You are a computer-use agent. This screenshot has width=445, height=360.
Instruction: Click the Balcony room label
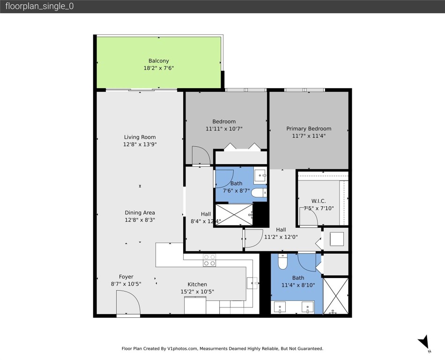click(x=158, y=61)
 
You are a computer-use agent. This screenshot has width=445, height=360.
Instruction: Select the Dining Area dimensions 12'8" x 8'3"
click(x=140, y=219)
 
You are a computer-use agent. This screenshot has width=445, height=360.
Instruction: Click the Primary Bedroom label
click(x=309, y=129)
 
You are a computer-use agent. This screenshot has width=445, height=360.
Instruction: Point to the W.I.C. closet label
click(x=318, y=201)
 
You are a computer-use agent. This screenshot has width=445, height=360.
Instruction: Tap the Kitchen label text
click(x=197, y=284)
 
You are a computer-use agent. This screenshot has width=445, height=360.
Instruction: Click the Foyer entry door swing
click(x=128, y=302)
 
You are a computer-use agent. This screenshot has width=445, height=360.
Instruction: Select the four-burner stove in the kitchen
click(x=209, y=260)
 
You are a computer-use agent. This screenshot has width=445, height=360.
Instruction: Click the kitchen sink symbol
click(x=252, y=283)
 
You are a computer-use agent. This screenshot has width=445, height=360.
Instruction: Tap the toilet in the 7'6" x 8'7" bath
click(x=258, y=193)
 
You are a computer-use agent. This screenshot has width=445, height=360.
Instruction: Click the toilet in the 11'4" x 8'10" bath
click(x=282, y=262)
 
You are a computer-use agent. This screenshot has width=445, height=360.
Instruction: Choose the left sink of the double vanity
click(x=281, y=307)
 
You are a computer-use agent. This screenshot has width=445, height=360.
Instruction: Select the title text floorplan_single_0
click(x=39, y=7)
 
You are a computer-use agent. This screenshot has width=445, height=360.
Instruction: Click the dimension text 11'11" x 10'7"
click(x=224, y=128)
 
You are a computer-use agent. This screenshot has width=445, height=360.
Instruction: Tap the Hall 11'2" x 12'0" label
click(x=281, y=233)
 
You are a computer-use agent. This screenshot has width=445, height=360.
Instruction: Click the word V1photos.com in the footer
click(x=185, y=349)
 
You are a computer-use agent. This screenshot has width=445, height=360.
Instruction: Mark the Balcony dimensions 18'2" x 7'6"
click(x=158, y=68)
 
